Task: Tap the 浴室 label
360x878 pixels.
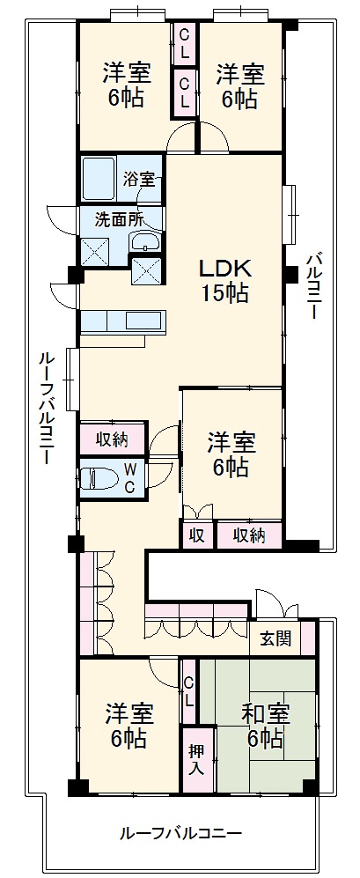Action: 139,180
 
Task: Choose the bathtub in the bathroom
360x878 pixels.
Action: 99,180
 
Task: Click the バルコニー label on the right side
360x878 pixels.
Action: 314,286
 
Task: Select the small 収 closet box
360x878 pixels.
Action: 195,535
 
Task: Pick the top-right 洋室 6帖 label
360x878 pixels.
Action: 239,85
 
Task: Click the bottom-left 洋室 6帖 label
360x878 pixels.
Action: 126,725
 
